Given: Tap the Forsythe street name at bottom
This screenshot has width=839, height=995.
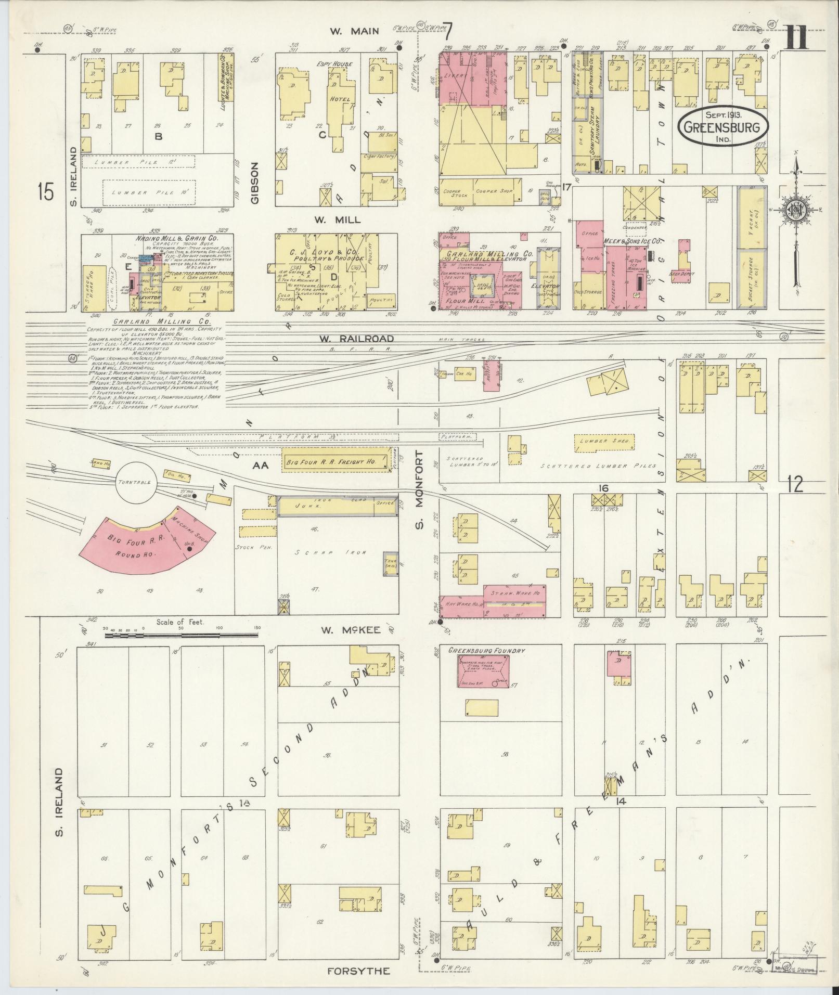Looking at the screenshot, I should coord(358,971).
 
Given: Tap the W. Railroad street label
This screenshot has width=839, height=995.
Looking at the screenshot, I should coord(349,339).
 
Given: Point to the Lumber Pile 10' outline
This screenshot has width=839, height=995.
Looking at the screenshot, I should coord(149,192).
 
